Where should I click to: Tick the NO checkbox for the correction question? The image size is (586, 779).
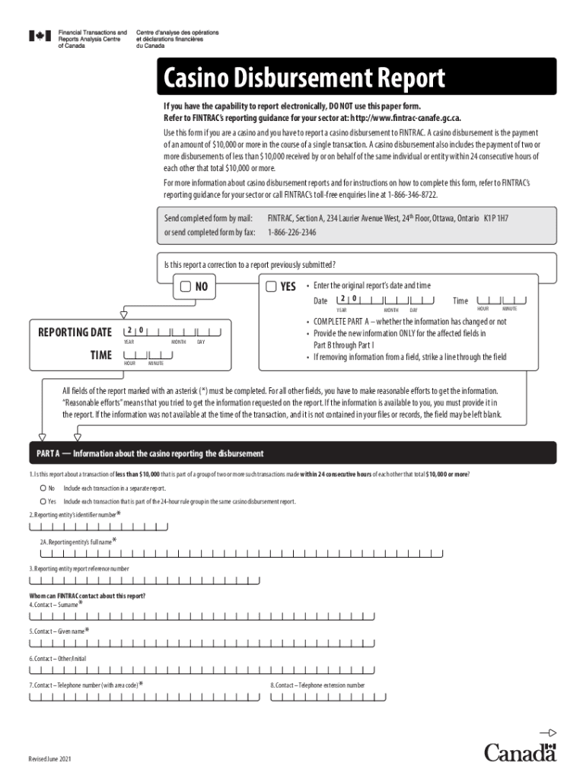186,287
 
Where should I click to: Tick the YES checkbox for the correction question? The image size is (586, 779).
272,287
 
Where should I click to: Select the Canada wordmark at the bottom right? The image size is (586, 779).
521,752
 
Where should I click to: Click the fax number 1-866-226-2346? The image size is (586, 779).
291,232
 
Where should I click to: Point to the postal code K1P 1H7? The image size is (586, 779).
496,218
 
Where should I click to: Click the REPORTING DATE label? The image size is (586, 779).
75,332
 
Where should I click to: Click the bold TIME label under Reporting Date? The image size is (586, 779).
100,355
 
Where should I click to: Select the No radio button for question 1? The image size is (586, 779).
43,488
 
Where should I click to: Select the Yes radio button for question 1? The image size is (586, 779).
43,501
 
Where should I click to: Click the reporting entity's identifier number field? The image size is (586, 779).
98,526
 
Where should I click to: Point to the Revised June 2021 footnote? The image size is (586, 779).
49,760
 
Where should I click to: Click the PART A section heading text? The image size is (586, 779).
150,453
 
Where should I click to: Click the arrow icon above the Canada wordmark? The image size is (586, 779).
548,733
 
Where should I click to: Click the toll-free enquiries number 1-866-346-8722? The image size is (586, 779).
412,194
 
